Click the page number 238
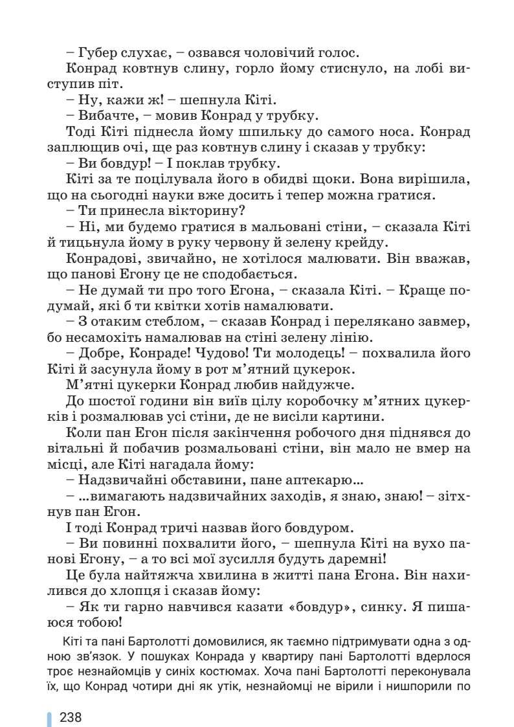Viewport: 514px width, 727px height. [71, 719]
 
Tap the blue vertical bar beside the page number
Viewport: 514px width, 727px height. [49, 719]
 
